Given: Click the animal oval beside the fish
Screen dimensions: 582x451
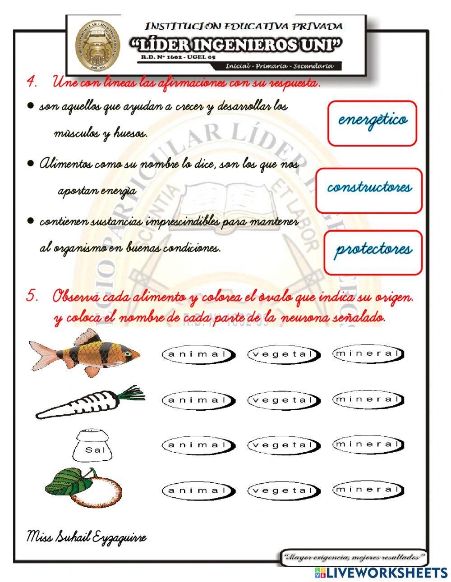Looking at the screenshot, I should point(198,354).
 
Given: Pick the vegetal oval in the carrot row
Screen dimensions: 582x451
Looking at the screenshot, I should point(283,400).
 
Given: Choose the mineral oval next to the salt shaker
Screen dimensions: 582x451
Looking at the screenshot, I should point(368,445).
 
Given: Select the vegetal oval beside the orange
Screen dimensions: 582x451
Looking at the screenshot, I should point(283,490).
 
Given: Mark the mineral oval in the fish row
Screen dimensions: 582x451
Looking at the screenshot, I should point(368,353).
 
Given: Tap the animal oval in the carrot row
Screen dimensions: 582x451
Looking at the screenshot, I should point(198,400).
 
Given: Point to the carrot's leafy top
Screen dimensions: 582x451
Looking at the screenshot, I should point(131,393).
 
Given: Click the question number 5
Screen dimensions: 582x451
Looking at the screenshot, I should point(32,297).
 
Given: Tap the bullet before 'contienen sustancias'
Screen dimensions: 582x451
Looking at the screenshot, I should point(31,221).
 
